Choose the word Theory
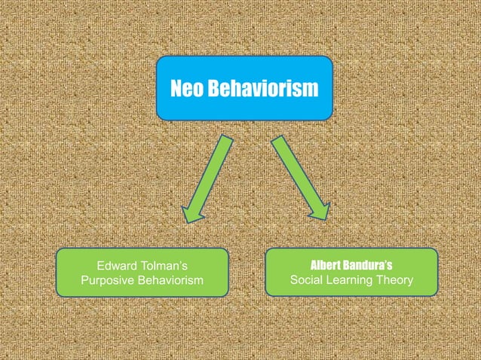pyautogui.click(x=396, y=282)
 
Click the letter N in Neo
pyautogui.click(x=176, y=90)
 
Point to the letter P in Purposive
pyautogui.click(x=84, y=282)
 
